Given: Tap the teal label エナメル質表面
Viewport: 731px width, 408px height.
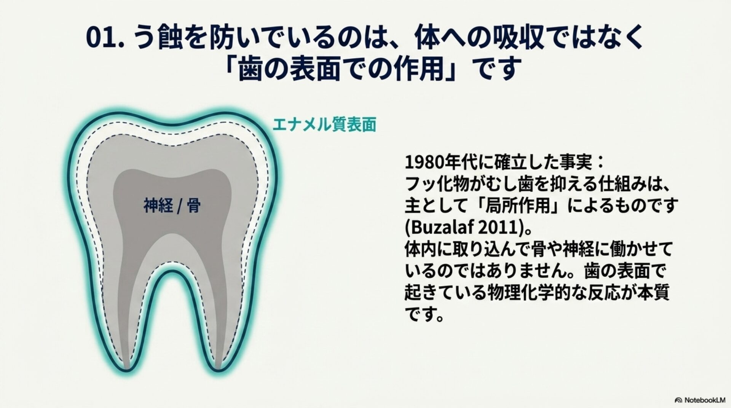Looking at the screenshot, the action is (324, 124).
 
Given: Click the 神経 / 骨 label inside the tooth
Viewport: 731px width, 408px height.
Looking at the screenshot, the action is (172, 206).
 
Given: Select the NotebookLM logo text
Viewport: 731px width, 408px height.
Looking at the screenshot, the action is (705, 400).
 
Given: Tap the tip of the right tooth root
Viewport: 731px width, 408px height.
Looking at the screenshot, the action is (218, 370).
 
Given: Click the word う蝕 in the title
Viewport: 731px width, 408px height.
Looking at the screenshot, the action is (160, 38).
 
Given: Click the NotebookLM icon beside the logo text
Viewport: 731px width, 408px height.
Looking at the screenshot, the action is (678, 400).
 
